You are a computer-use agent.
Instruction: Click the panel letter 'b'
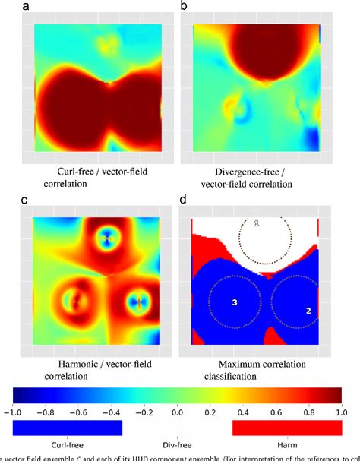tap(183, 7)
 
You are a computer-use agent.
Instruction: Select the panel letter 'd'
tap(183, 201)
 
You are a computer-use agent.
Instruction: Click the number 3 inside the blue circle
tap(235, 303)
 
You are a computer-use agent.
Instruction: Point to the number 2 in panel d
tap(308, 311)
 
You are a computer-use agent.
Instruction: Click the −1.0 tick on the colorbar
tap(13, 412)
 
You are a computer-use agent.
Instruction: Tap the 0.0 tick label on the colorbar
tap(177, 412)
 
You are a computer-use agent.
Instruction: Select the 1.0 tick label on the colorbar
tap(341, 412)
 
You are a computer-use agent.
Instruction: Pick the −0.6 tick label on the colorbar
tap(79, 412)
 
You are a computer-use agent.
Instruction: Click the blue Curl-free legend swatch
tap(68, 428)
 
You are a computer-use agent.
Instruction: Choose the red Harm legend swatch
tap(286, 428)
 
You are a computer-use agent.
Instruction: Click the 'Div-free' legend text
tap(176, 444)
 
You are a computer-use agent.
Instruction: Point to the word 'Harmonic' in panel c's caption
tap(69, 363)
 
